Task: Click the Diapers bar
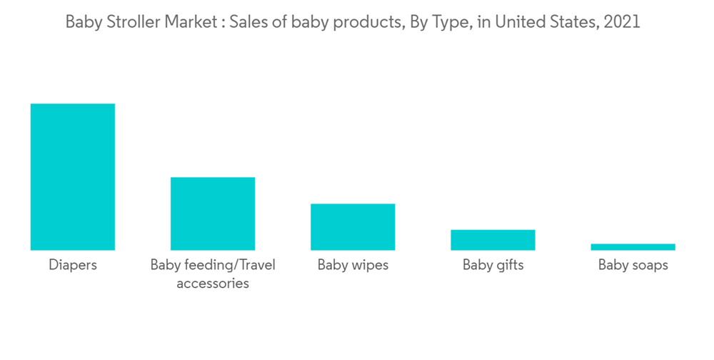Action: tap(72, 176)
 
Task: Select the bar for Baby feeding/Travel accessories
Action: tap(212, 214)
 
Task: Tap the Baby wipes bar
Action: tap(353, 226)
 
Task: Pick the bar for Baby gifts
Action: tap(493, 240)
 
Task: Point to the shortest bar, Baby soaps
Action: tap(633, 247)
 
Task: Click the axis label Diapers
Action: tap(72, 265)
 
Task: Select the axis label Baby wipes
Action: tap(353, 265)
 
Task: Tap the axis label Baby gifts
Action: tap(493, 265)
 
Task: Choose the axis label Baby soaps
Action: tap(633, 265)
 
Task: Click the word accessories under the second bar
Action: tap(212, 284)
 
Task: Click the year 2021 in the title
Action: tap(622, 22)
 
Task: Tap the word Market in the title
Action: tap(189, 22)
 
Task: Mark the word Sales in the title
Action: tap(245, 22)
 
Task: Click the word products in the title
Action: tap(364, 22)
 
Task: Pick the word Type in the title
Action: tap(448, 22)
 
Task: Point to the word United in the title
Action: tap(518, 22)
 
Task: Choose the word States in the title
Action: tap(572, 22)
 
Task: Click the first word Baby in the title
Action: tap(81, 22)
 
